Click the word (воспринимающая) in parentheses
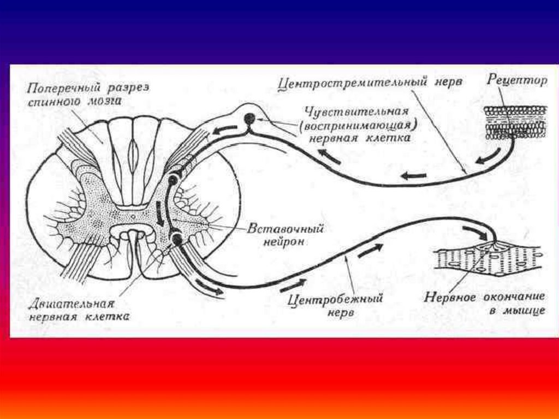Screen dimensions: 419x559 point(358,125)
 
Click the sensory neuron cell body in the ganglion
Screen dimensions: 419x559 point(249,119)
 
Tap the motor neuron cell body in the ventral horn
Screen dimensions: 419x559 point(177,238)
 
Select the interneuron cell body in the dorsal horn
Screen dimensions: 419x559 point(174,179)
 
